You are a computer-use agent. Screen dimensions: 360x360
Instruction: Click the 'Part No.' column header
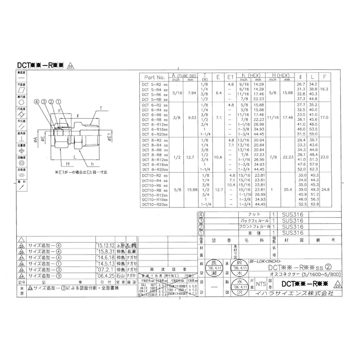(x=155, y=77)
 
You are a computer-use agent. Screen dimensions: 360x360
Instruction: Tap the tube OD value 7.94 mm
(x=191, y=93)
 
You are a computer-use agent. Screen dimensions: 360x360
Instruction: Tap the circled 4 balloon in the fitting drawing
(x=36, y=101)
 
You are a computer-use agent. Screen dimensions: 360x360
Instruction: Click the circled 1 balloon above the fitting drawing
(x=58, y=101)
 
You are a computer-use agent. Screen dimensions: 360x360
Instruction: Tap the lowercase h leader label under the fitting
(x=94, y=164)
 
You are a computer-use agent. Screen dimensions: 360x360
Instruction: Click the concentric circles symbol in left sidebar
(x=21, y=164)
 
